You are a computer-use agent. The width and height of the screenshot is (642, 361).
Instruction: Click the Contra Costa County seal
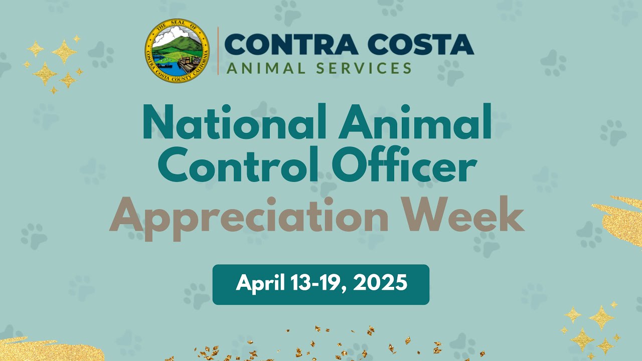[x=177, y=51]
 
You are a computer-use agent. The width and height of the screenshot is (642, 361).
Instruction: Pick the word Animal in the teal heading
[x=415, y=122]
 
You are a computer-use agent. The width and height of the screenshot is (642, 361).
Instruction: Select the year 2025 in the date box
[x=380, y=284]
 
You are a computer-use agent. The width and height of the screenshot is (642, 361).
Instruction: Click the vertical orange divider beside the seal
[x=218, y=51]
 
